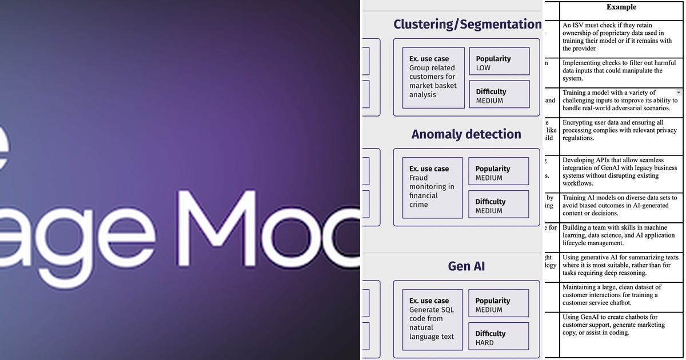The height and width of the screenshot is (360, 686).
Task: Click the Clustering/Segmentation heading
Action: pyautogui.click(x=467, y=24)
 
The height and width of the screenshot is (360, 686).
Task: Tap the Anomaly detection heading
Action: pyautogui.click(x=466, y=134)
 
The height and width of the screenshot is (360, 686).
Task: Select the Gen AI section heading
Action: pyautogui.click(x=466, y=266)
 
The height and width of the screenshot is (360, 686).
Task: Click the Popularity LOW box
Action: pyautogui.click(x=499, y=62)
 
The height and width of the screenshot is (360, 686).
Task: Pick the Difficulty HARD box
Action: pyautogui.click(x=499, y=337)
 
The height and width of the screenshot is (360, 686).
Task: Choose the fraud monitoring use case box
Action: pyautogui.click(x=432, y=187)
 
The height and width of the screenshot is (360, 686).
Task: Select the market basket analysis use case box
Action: pyautogui.click(x=433, y=78)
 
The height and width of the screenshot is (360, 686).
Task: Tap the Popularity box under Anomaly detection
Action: pyautogui.click(x=499, y=172)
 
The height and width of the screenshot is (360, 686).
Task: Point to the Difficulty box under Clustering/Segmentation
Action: pyautogui.click(x=499, y=95)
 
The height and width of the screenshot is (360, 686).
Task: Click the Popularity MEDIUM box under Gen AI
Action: pyautogui.click(x=499, y=304)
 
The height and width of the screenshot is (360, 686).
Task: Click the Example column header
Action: pyautogui.click(x=621, y=7)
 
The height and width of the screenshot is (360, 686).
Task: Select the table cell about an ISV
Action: pyautogui.click(x=621, y=37)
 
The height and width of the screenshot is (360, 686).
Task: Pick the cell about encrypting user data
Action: pyautogui.click(x=621, y=131)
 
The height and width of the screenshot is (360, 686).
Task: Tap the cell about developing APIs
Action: pyautogui.click(x=621, y=172)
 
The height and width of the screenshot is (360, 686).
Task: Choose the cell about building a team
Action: pyautogui.click(x=621, y=235)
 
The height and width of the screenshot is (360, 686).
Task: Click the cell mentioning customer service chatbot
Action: pyautogui.click(x=621, y=295)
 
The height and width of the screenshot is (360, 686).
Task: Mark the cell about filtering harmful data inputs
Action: pyautogui.click(x=621, y=71)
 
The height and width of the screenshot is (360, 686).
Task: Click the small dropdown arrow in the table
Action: pyautogui.click(x=679, y=92)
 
